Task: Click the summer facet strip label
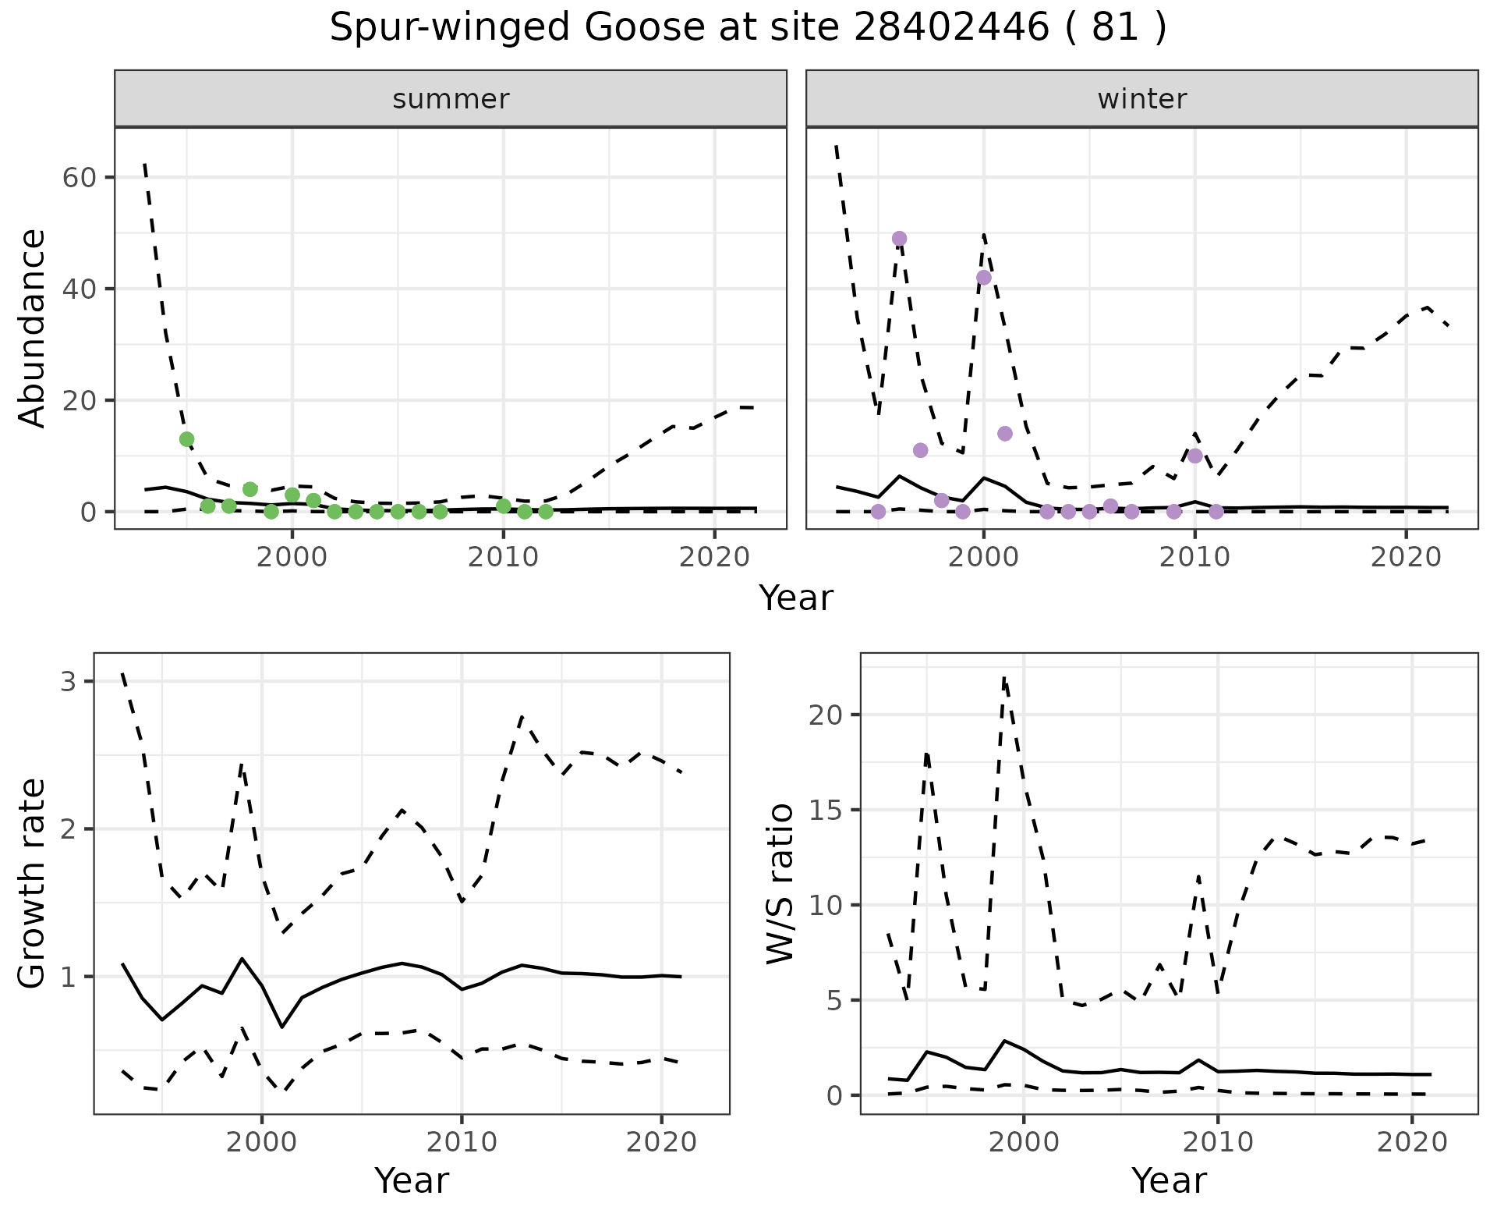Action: click(x=451, y=99)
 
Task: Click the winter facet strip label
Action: click(x=1141, y=99)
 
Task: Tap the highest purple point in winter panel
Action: click(x=899, y=239)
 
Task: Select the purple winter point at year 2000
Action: click(x=983, y=278)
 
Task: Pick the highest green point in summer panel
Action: click(x=186, y=439)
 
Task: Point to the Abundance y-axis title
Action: click(x=33, y=328)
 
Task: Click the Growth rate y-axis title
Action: click(x=33, y=884)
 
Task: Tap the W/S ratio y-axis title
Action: click(x=780, y=884)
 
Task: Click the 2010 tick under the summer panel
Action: click(x=503, y=557)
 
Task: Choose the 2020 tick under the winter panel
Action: click(x=1405, y=557)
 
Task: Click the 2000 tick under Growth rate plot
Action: click(x=262, y=1142)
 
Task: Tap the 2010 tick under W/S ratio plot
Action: click(x=1217, y=1142)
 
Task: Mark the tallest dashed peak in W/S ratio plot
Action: click(x=1004, y=677)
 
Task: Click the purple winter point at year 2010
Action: click(x=1194, y=456)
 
